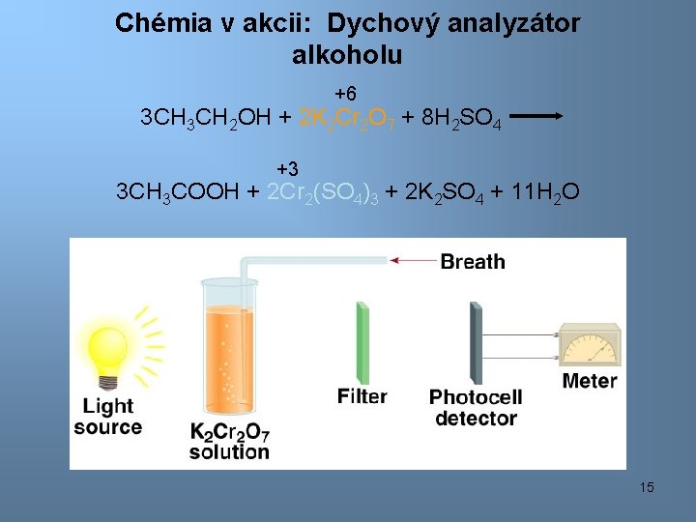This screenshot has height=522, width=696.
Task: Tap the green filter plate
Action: pyautogui.click(x=362, y=343)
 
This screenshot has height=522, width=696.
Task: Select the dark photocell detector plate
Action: pyautogui.click(x=476, y=343)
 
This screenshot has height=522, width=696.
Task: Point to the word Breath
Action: pyautogui.click(x=473, y=261)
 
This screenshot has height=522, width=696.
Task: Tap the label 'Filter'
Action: pyautogui.click(x=362, y=396)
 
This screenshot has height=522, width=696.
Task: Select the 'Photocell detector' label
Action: pyautogui.click(x=476, y=407)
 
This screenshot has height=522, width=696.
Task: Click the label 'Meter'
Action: pyautogui.click(x=590, y=381)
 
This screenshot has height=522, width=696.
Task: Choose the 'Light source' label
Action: pyautogui.click(x=107, y=417)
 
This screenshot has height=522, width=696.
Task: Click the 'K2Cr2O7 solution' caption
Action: pyautogui.click(x=229, y=441)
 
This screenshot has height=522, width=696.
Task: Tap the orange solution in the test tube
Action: pyautogui.click(x=228, y=358)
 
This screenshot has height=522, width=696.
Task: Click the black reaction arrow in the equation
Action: pyautogui.click(x=536, y=115)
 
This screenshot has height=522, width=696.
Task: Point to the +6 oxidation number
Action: pyautogui.click(x=345, y=94)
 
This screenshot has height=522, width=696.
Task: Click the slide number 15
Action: pyautogui.click(x=647, y=487)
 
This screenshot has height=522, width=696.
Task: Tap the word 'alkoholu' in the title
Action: pyautogui.click(x=347, y=55)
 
